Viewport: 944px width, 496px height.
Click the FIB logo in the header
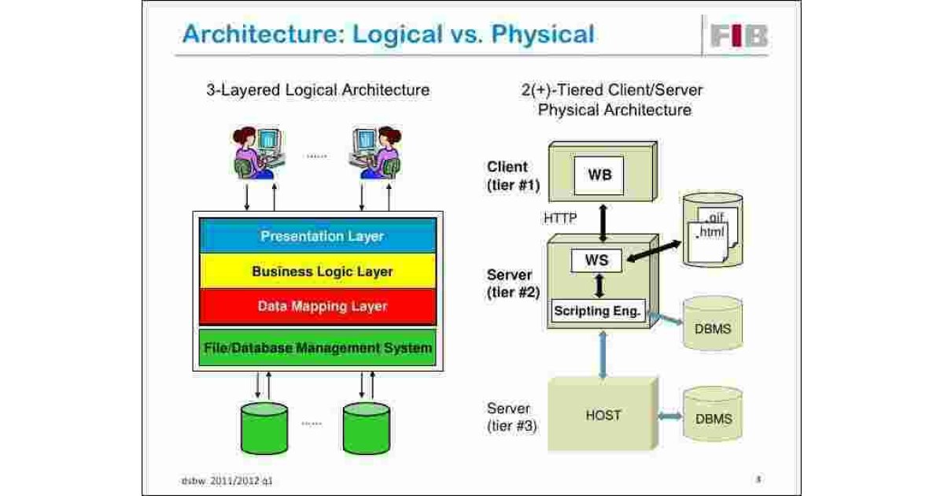[739, 36]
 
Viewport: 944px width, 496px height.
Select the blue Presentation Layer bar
[317, 235]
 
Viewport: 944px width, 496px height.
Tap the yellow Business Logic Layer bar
[317, 272]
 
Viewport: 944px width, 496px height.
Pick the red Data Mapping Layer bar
[317, 306]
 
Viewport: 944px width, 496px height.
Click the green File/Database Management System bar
[317, 347]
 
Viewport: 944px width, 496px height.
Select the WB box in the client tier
[600, 176]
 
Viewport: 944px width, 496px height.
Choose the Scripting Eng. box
[598, 311]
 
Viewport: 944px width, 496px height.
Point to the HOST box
[603, 415]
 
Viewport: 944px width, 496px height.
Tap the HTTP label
[561, 218]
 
